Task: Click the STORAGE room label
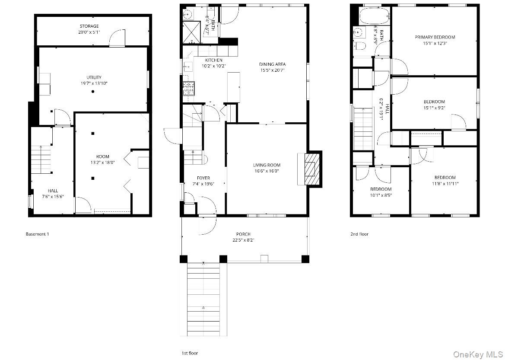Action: click(x=89, y=26)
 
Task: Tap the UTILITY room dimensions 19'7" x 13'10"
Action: click(x=94, y=83)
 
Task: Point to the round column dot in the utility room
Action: click(x=93, y=92)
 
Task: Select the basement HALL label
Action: click(x=53, y=191)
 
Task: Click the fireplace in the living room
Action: click(x=310, y=169)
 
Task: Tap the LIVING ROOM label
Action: click(x=267, y=166)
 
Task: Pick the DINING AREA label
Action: click(x=273, y=64)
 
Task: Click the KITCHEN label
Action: click(x=214, y=60)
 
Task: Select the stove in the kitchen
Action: click(x=189, y=88)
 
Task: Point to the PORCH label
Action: click(x=243, y=234)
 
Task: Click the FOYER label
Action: click(x=203, y=178)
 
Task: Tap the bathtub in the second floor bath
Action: click(x=374, y=16)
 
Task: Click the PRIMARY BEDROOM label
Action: click(x=435, y=37)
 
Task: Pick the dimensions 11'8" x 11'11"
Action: click(x=445, y=184)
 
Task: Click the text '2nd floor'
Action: click(x=359, y=234)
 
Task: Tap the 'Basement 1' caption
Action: click(x=37, y=234)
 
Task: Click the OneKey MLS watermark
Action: click(x=478, y=354)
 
